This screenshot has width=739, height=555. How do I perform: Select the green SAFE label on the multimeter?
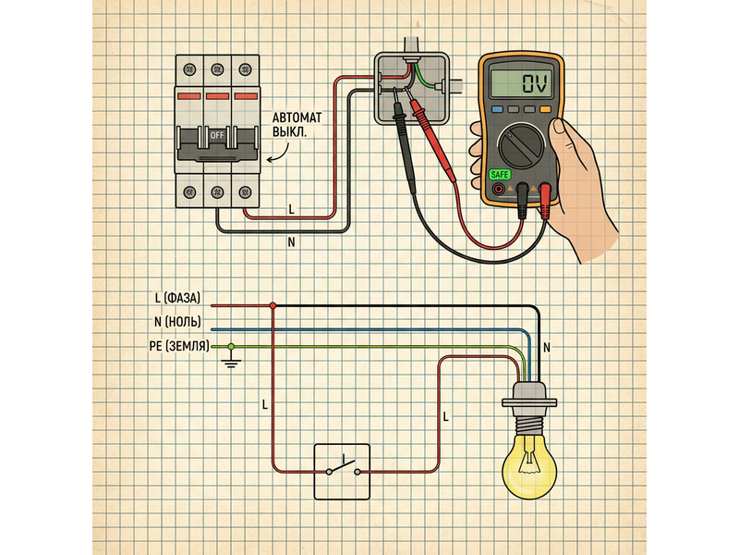pyautogui.click(x=499, y=174)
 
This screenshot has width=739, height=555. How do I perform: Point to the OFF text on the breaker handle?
pyautogui.click(x=218, y=134)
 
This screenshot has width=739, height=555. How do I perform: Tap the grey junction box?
pyautogui.click(x=407, y=89)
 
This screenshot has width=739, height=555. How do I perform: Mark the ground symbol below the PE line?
pyautogui.click(x=231, y=363)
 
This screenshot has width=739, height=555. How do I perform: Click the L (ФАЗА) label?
pyautogui.click(x=182, y=298)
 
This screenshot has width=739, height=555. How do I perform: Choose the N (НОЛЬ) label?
pyautogui.click(x=182, y=321)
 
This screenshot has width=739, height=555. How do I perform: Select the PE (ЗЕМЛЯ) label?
pyautogui.click(x=177, y=345)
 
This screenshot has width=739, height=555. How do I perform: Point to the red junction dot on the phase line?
pyautogui.click(x=273, y=305)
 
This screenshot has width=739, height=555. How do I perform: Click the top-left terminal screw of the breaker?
pyautogui.click(x=190, y=69)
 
